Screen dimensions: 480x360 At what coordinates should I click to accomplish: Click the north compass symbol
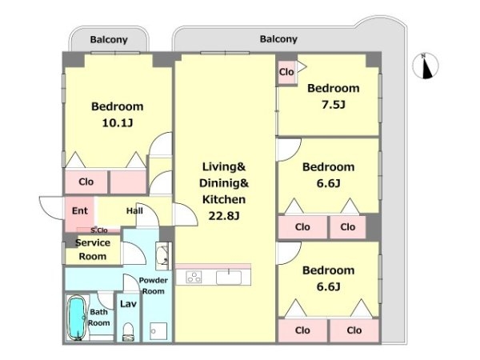tap(426, 66)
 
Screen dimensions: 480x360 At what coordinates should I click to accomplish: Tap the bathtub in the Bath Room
tap(77, 318)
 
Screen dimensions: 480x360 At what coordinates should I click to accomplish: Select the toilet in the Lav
tap(128, 331)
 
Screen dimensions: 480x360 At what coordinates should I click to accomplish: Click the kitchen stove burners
tap(194, 277)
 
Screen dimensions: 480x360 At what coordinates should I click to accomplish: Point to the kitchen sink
tap(229, 277)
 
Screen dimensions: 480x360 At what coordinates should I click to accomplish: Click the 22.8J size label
tap(224, 216)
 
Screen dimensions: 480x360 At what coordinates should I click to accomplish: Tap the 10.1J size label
tap(118, 123)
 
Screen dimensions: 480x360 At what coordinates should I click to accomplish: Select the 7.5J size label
tap(333, 105)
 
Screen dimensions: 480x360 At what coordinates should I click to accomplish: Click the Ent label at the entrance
tap(79, 210)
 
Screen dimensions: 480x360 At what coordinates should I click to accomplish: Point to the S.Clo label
tap(99, 230)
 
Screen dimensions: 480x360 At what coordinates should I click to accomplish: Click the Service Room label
tap(93, 249)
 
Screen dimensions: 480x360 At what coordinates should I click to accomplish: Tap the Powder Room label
tap(153, 286)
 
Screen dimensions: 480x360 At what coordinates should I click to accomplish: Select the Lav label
tap(128, 304)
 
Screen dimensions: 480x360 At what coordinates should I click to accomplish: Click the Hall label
tap(134, 210)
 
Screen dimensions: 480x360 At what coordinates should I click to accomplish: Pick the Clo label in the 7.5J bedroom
tap(286, 72)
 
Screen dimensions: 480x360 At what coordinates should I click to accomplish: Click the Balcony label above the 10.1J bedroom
tap(109, 40)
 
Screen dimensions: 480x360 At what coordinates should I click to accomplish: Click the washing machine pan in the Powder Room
tap(158, 331)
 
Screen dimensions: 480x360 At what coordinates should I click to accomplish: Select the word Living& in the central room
tap(224, 166)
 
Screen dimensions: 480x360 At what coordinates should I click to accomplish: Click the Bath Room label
tap(98, 318)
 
